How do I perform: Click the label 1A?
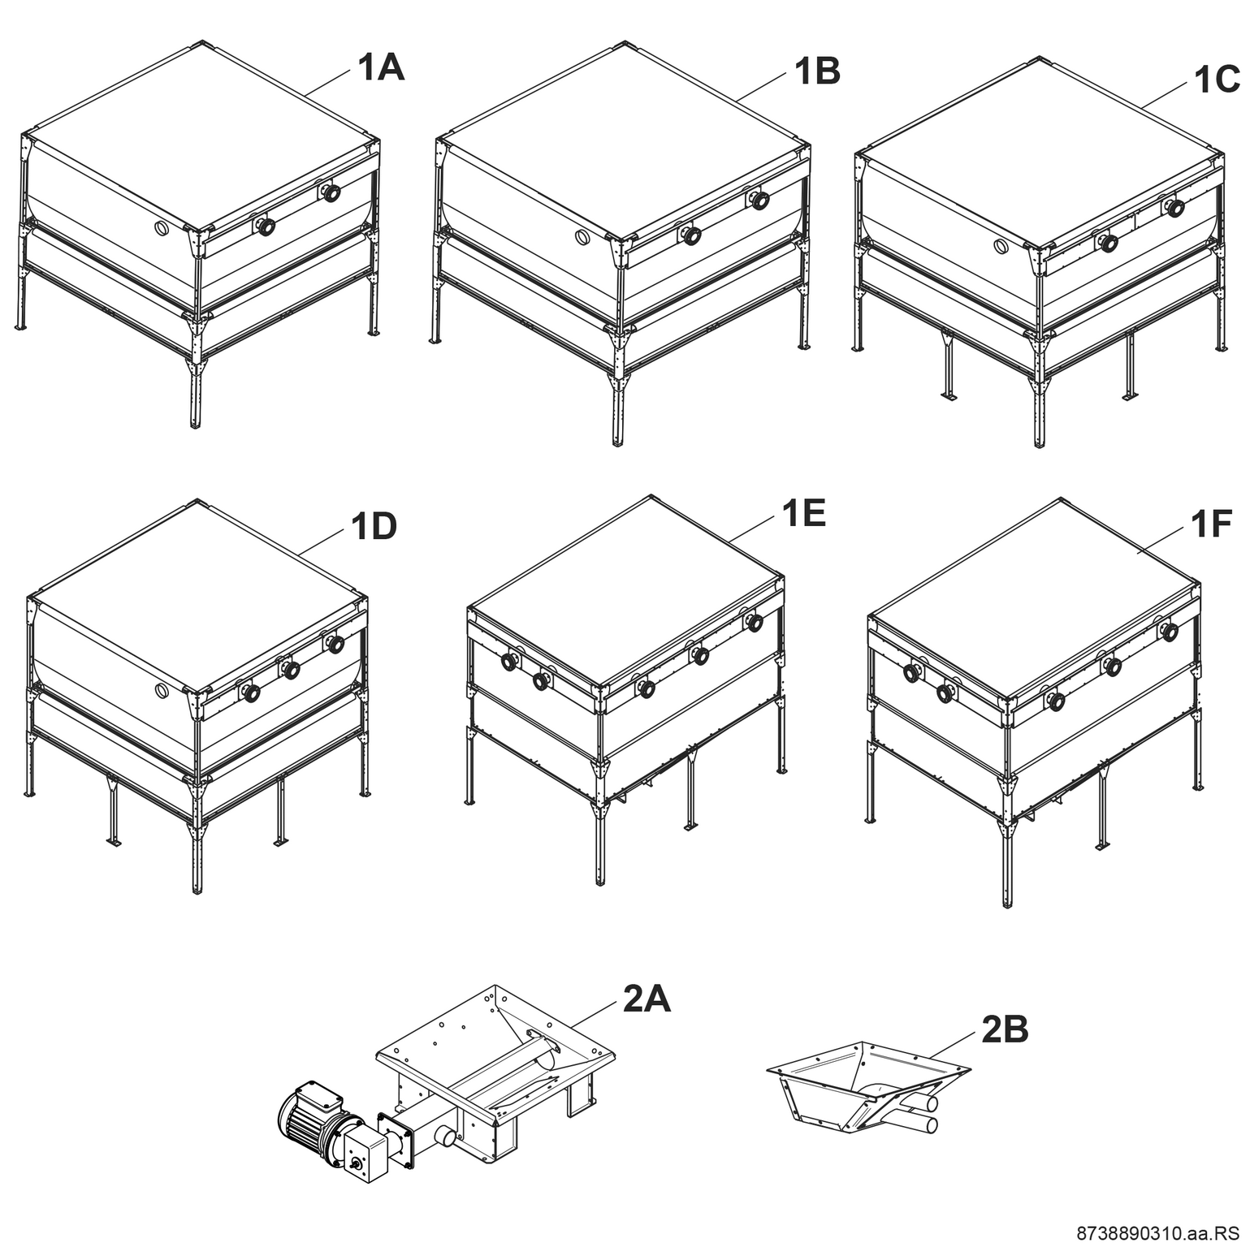[381, 68]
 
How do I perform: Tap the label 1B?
[817, 71]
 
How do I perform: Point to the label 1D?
[374, 527]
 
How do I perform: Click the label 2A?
[647, 999]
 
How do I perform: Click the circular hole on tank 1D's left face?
[162, 690]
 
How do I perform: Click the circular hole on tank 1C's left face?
[1002, 244]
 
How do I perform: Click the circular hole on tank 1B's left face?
[582, 238]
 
